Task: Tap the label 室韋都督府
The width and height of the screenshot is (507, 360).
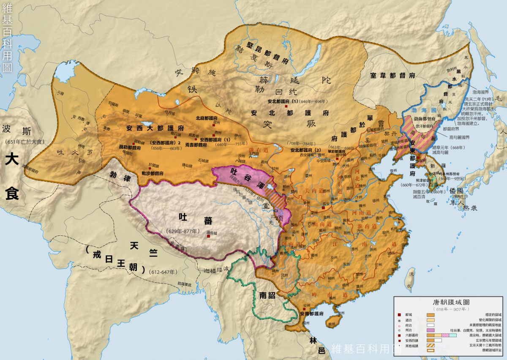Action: pyautogui.click(x=393, y=75)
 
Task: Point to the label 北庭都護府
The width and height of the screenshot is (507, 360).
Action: pyautogui.click(x=207, y=119)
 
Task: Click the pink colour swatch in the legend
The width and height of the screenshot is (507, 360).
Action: pyautogui.click(x=431, y=330)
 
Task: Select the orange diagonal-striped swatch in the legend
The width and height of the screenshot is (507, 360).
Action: pyautogui.click(x=431, y=345)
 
